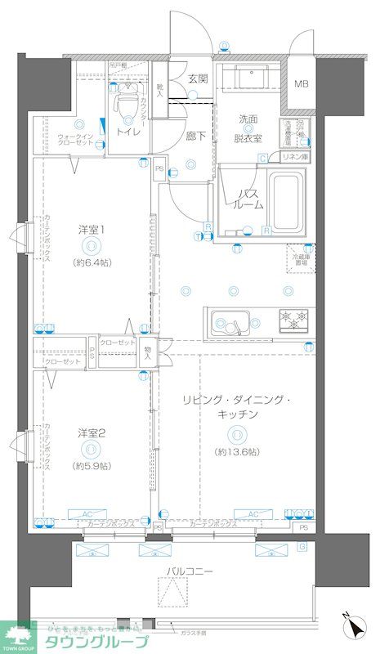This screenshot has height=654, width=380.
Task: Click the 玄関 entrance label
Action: pyautogui.click(x=198, y=79)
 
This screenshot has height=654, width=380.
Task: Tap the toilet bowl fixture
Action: pyautogui.click(x=127, y=102)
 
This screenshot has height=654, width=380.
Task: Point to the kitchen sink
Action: pyautogui.click(x=233, y=321)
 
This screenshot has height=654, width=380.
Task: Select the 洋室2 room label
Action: pyautogui.click(x=91, y=432)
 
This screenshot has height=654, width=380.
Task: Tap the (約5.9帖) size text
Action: pyautogui.click(x=91, y=465)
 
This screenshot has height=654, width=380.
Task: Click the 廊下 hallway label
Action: pyautogui.click(x=194, y=136)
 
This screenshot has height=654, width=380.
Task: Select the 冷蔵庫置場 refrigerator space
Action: pyautogui.click(x=302, y=260)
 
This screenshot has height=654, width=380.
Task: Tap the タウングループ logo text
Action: pyautogui.click(x=99, y=642)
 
